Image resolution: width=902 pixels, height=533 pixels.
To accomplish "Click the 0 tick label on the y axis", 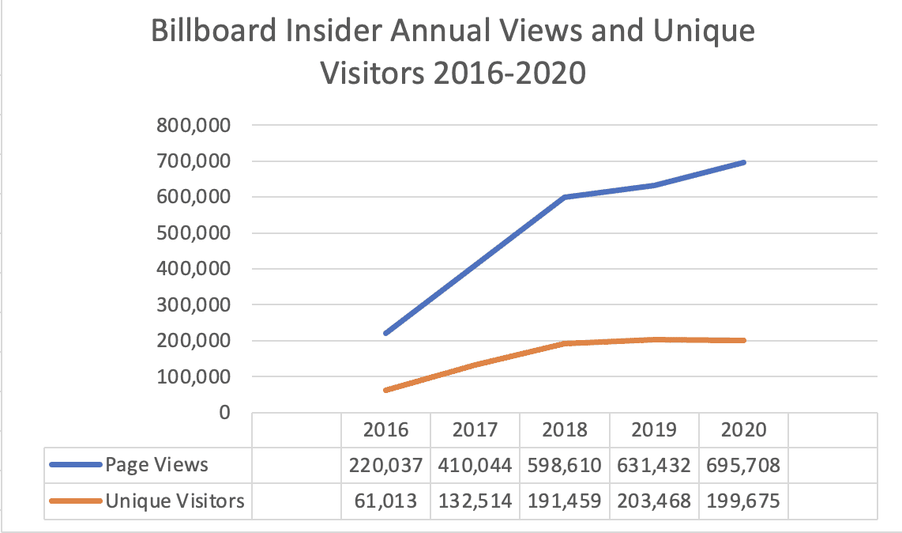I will (x=224, y=413).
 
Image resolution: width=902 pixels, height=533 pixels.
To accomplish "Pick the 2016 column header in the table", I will (x=386, y=429).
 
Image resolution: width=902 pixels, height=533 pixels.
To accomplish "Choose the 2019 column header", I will (x=655, y=429).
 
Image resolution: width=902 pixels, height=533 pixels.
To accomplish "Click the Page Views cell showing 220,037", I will (x=386, y=465).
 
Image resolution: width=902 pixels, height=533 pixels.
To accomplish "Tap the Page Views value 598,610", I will (x=566, y=465).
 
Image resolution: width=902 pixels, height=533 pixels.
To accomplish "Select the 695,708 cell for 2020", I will (x=744, y=465).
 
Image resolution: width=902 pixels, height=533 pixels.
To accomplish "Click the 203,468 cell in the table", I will (x=655, y=501).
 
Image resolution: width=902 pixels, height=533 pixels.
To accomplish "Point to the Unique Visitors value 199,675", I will (x=744, y=501).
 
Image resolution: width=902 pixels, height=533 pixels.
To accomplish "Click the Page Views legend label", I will (x=157, y=465).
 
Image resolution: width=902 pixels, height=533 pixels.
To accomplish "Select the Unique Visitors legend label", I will (x=175, y=501).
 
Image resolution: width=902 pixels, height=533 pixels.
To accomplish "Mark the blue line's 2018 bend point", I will (x=566, y=197).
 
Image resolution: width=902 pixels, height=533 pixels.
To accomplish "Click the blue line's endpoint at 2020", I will (x=744, y=162).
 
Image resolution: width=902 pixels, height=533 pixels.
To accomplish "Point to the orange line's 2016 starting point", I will (x=386, y=391).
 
